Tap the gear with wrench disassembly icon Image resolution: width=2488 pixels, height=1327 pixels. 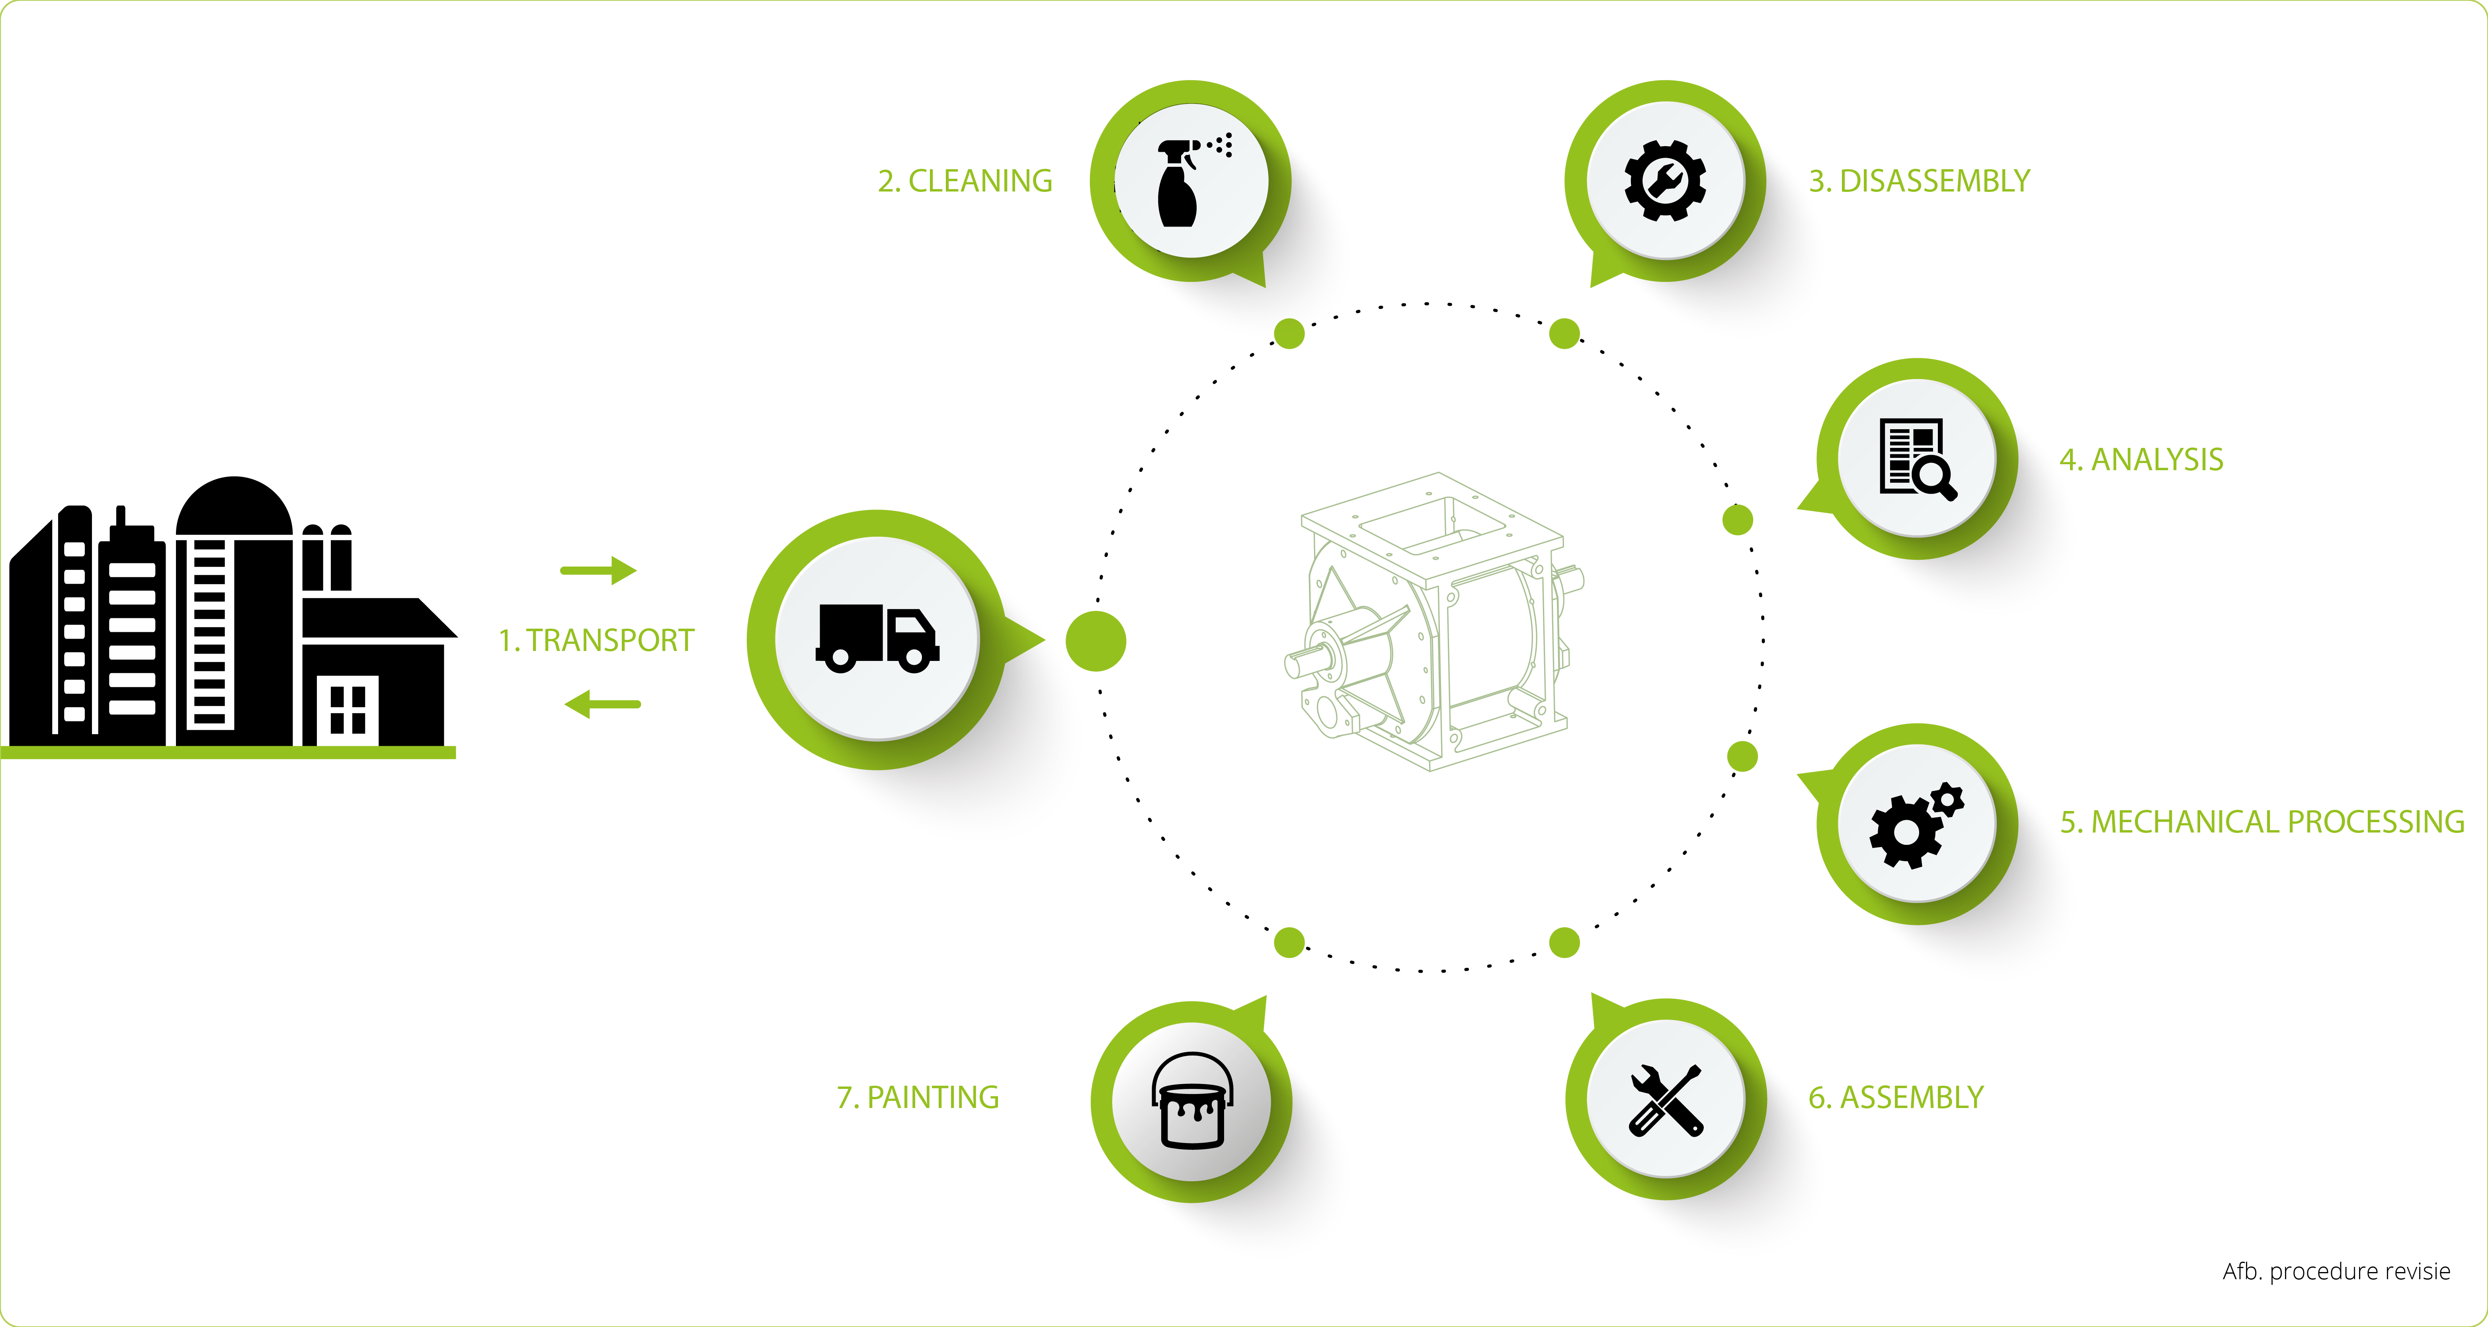tap(1665, 181)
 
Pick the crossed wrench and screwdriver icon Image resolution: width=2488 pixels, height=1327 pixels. tap(1665, 1100)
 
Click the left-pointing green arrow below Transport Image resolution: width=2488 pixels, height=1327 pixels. tap(603, 704)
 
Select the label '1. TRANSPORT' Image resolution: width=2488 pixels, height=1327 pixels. tap(596, 640)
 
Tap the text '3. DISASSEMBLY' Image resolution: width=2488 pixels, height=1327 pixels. tap(1919, 181)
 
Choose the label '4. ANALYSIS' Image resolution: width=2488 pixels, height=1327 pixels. tap(2141, 460)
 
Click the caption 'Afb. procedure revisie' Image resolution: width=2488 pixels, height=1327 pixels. tap(2336, 1271)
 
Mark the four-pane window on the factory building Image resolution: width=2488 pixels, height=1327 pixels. tap(348, 710)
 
